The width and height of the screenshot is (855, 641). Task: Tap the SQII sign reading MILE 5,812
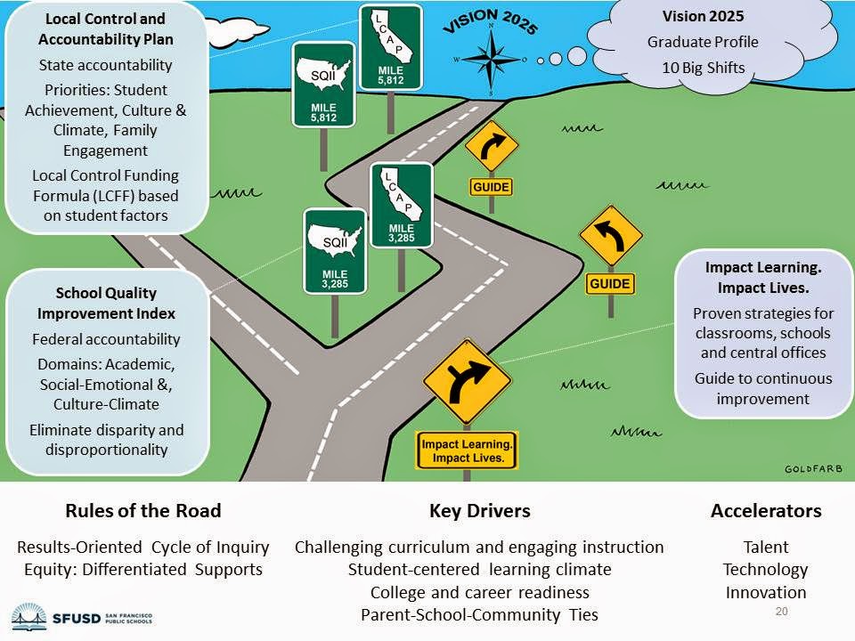[x=323, y=85]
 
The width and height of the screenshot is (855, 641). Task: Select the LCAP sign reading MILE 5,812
[x=390, y=46]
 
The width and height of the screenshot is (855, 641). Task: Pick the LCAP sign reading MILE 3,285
[x=401, y=205]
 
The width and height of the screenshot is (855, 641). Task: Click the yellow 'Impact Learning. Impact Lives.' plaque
[x=467, y=450]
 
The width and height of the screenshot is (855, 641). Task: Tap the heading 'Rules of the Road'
[x=142, y=511]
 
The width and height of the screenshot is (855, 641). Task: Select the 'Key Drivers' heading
[x=479, y=511]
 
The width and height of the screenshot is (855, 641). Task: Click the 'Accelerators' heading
[x=766, y=511]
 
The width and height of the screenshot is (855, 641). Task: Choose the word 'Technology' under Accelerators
[x=765, y=570]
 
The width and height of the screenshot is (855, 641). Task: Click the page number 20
[x=783, y=612]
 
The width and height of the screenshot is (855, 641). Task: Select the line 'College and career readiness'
[x=479, y=592]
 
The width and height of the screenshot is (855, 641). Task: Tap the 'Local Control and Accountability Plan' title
[x=106, y=28]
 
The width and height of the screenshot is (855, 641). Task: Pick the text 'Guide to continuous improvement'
[x=763, y=388]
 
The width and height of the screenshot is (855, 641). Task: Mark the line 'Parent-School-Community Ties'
[x=479, y=614]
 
